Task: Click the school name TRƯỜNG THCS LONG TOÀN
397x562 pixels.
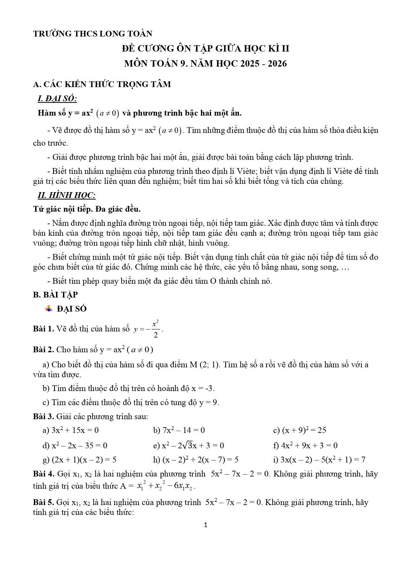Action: (x=92, y=34)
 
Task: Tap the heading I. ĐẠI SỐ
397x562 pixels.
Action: (x=57, y=99)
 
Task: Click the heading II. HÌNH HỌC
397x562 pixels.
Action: (x=67, y=195)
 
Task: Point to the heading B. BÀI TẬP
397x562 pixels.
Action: (x=55, y=295)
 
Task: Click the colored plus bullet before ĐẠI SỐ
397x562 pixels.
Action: (x=49, y=309)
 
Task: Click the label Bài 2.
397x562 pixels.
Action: (x=44, y=349)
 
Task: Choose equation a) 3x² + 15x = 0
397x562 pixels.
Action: (x=70, y=430)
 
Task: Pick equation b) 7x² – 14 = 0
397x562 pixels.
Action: (x=179, y=430)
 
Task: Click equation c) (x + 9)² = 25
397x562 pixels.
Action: (x=299, y=430)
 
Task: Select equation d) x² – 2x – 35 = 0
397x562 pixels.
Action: (x=75, y=445)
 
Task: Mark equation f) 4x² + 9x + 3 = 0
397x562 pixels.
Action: (x=305, y=445)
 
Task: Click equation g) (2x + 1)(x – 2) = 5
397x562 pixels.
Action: (x=79, y=460)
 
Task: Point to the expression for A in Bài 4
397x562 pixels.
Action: (x=166, y=486)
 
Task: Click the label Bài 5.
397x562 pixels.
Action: (x=44, y=502)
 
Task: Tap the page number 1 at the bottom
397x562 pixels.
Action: (x=205, y=525)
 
